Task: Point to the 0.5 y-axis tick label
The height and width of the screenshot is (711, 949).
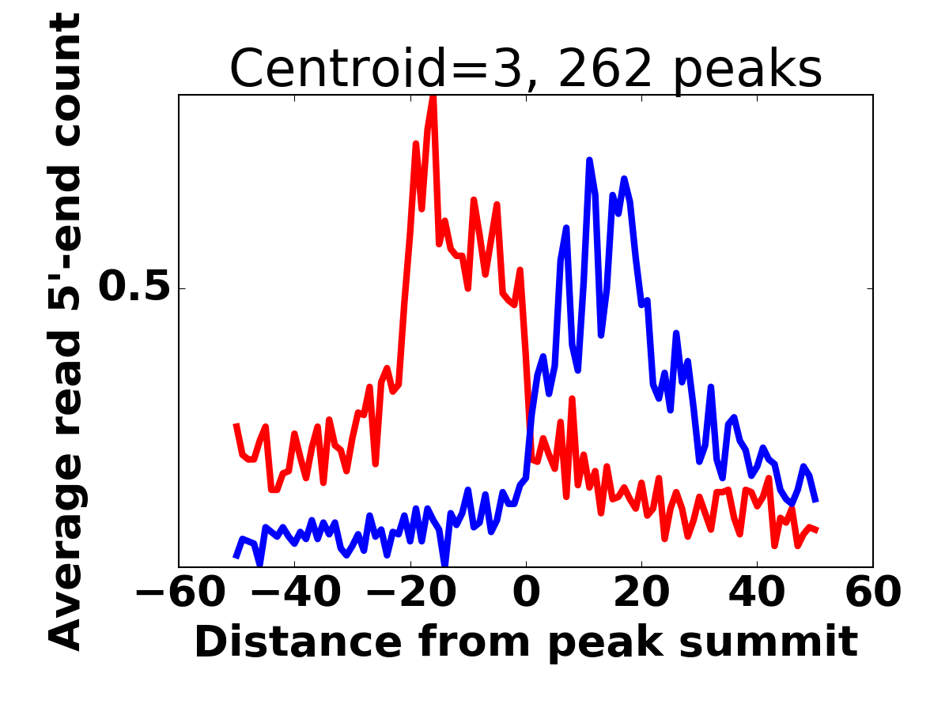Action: tap(134, 288)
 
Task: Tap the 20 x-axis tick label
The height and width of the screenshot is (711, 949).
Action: tap(641, 592)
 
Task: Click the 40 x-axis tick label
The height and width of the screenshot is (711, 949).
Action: tap(757, 592)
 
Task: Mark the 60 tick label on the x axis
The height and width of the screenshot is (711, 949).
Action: tap(872, 592)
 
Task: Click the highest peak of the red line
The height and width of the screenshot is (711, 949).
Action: tap(433, 96)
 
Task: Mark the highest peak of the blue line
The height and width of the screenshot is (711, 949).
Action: tap(589, 160)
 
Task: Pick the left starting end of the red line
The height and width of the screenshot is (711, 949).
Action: tap(236, 425)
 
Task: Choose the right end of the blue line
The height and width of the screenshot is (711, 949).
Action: tap(815, 501)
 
